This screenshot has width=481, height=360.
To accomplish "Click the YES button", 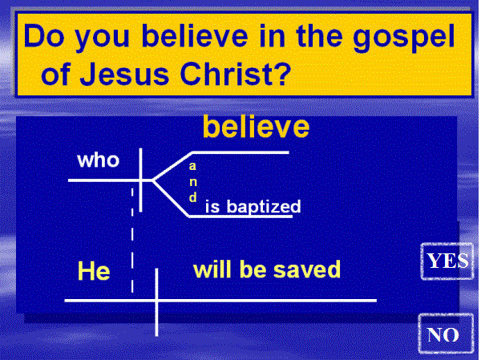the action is (x=447, y=261).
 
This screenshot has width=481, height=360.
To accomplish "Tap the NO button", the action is (x=446, y=334).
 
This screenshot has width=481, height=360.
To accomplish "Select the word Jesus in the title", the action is (x=124, y=74).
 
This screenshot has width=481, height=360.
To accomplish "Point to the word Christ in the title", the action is (x=226, y=74).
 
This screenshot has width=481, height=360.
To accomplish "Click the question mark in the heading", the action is (x=281, y=73).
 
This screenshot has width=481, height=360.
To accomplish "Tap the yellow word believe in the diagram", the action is (x=257, y=127).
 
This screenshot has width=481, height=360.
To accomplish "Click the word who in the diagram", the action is (x=98, y=160).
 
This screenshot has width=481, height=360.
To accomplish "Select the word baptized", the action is (x=264, y=207).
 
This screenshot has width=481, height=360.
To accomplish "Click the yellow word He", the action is (x=94, y=271).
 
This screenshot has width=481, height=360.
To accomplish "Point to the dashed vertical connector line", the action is (x=132, y=241).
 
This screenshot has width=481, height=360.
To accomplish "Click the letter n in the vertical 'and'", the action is (x=193, y=182).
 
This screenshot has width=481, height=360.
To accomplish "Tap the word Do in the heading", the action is (x=44, y=36).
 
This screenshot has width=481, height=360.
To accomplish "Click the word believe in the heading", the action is (x=195, y=36).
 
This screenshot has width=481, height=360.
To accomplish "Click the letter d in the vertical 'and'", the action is (x=193, y=197).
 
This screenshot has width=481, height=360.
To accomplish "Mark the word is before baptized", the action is (x=212, y=206).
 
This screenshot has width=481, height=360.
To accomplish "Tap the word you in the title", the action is (x=103, y=38).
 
